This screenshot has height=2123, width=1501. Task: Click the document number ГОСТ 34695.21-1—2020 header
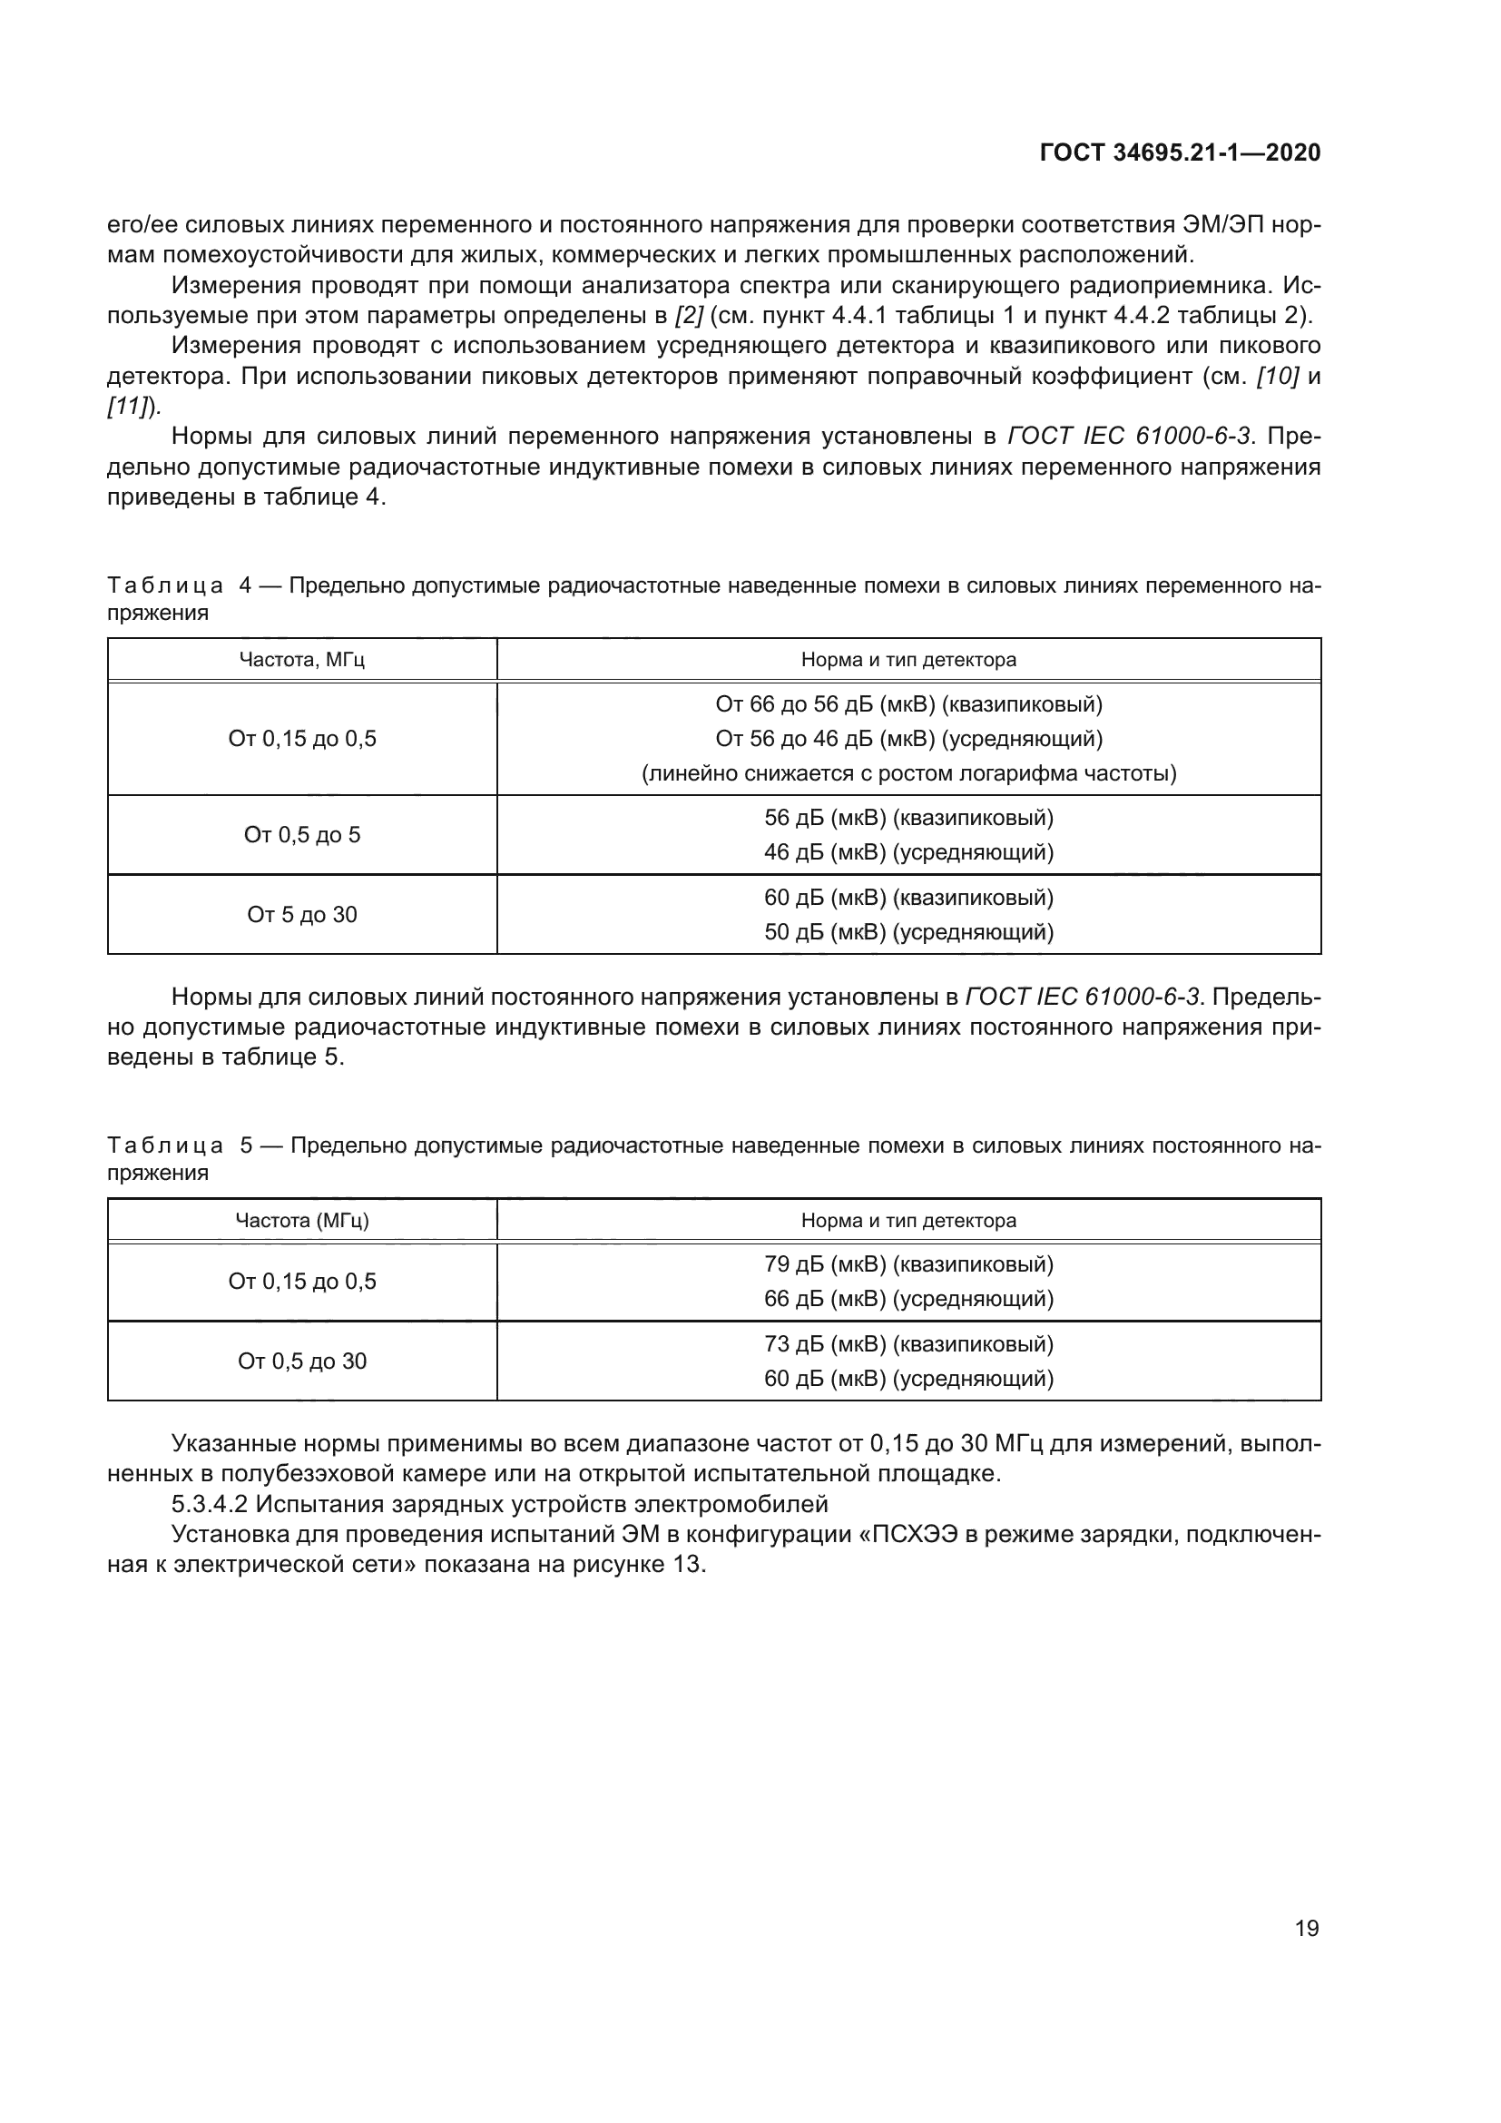pos(1181,152)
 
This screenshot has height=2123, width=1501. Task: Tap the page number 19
pos(1307,1928)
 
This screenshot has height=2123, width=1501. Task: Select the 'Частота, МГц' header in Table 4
pos(302,659)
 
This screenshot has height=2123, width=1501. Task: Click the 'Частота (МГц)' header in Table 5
pos(302,1220)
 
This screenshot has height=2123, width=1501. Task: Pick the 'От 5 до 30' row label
pos(302,915)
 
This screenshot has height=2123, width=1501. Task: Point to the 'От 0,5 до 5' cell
pos(302,835)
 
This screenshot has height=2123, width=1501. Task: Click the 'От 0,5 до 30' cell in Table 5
pos(302,1361)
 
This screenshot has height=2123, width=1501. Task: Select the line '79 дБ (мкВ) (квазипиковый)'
pos(908,1264)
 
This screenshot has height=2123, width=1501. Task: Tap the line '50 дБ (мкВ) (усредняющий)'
pos(908,931)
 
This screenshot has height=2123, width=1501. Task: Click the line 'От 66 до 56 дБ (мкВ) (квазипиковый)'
pos(908,704)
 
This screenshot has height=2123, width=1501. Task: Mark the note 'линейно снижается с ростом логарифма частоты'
pos(908,773)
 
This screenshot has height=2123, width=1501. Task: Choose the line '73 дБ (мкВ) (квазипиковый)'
pos(908,1343)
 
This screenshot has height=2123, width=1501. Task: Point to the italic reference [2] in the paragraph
pos(690,315)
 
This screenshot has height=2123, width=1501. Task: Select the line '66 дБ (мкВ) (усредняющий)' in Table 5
pos(908,1298)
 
